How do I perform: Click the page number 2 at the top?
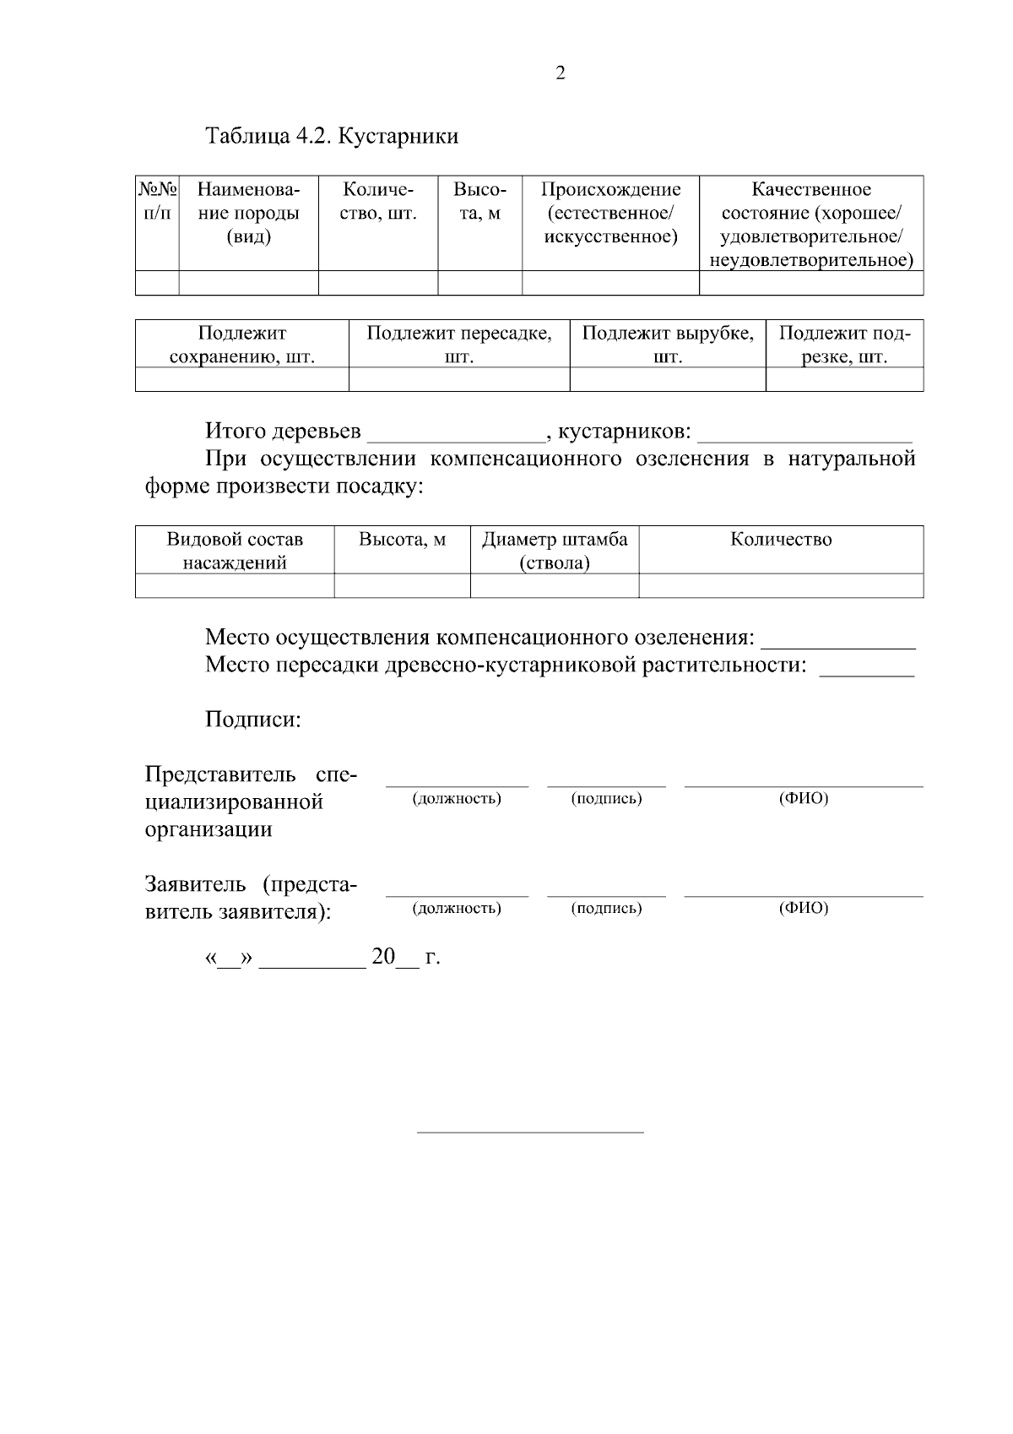point(561,73)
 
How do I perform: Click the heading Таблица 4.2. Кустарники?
point(332,136)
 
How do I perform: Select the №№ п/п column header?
point(157,201)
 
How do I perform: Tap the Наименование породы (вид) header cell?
point(248,213)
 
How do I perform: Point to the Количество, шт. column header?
point(377,201)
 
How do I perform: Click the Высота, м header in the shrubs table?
point(479,201)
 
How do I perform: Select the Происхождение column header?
point(610,213)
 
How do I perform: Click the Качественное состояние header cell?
point(810,224)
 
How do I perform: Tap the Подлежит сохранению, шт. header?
point(242,345)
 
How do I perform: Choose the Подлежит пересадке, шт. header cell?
point(459,345)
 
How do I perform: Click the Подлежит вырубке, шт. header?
point(668,345)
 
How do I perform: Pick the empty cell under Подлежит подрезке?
point(844,379)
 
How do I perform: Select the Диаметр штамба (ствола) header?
point(555,551)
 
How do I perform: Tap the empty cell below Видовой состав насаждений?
point(235,585)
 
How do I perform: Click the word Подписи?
point(253,720)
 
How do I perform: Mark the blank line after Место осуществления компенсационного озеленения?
point(843,640)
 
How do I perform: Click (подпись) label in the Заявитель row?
point(606,909)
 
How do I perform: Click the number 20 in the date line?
point(383,957)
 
